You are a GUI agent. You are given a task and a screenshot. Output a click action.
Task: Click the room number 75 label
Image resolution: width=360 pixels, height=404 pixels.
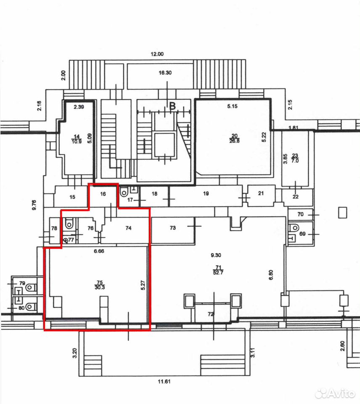100,282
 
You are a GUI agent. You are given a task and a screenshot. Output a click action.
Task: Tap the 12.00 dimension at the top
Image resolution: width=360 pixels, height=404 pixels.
157,54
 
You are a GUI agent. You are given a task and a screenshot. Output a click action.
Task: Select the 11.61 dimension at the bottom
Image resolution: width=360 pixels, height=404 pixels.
164,381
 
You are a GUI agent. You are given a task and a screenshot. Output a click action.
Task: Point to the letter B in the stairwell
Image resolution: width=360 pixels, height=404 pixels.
172,106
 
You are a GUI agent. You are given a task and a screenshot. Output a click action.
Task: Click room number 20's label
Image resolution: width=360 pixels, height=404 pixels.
234,136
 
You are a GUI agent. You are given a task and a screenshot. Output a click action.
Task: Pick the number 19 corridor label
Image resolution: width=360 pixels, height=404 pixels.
206,194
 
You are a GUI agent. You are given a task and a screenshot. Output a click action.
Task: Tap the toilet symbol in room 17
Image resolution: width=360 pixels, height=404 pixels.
124,192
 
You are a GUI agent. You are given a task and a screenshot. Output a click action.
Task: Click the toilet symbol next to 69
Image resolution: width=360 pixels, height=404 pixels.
294,228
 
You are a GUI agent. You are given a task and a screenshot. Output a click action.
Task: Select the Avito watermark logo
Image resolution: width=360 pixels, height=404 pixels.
335,393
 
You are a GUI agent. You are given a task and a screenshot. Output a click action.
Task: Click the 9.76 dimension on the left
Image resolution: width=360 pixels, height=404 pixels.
34,205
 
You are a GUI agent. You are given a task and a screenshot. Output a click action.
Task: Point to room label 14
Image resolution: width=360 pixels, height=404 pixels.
77,136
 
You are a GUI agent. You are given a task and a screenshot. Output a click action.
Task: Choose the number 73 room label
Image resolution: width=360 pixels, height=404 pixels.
173,228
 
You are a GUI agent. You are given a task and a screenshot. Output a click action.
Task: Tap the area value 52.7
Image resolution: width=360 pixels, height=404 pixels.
218,272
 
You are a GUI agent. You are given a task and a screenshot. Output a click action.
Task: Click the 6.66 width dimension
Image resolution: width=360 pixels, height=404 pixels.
99,251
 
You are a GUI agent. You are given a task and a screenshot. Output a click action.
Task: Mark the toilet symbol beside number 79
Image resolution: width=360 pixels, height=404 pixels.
31,287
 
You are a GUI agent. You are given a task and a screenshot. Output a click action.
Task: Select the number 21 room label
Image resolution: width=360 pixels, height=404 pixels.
261,193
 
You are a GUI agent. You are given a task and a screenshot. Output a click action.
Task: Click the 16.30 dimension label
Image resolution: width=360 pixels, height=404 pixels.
165,73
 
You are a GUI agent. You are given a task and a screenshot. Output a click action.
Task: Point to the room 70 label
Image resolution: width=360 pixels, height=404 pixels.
301,214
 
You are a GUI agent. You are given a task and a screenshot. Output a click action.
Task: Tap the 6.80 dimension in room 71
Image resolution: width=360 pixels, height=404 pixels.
271,275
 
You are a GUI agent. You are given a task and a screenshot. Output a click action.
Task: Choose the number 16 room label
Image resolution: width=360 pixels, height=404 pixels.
103,194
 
